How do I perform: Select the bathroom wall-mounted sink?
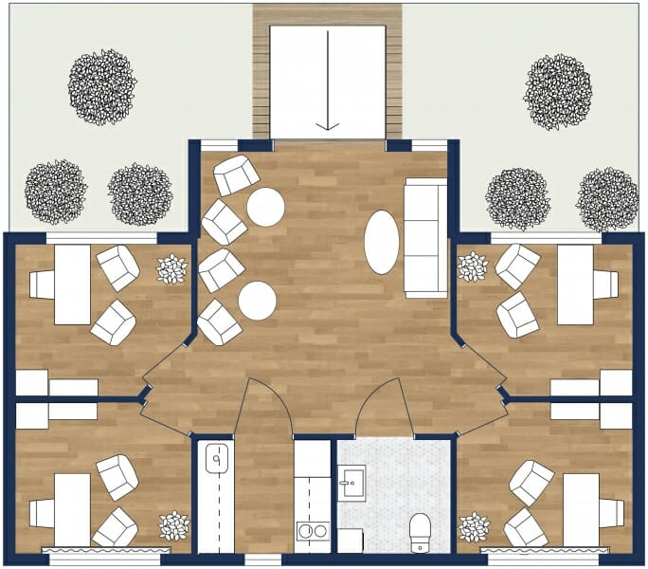tap(351, 483)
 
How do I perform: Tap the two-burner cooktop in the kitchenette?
tap(312, 532)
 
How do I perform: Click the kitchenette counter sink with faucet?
tap(216, 461)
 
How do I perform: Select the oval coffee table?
tap(382, 242)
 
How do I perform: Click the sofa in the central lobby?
tap(425, 236)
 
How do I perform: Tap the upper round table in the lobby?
tap(265, 207)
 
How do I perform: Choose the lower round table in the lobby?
tap(257, 301)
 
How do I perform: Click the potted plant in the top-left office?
tap(172, 269)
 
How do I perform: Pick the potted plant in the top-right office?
tap(473, 266)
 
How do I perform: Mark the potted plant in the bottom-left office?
tap(173, 525)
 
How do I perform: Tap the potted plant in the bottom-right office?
tap(474, 526)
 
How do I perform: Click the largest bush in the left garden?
tap(100, 87)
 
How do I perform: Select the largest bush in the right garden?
tap(558, 91)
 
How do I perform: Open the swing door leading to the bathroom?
tap(384, 408)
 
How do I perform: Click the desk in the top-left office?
tap(72, 284)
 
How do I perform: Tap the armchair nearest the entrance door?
tap(235, 175)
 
